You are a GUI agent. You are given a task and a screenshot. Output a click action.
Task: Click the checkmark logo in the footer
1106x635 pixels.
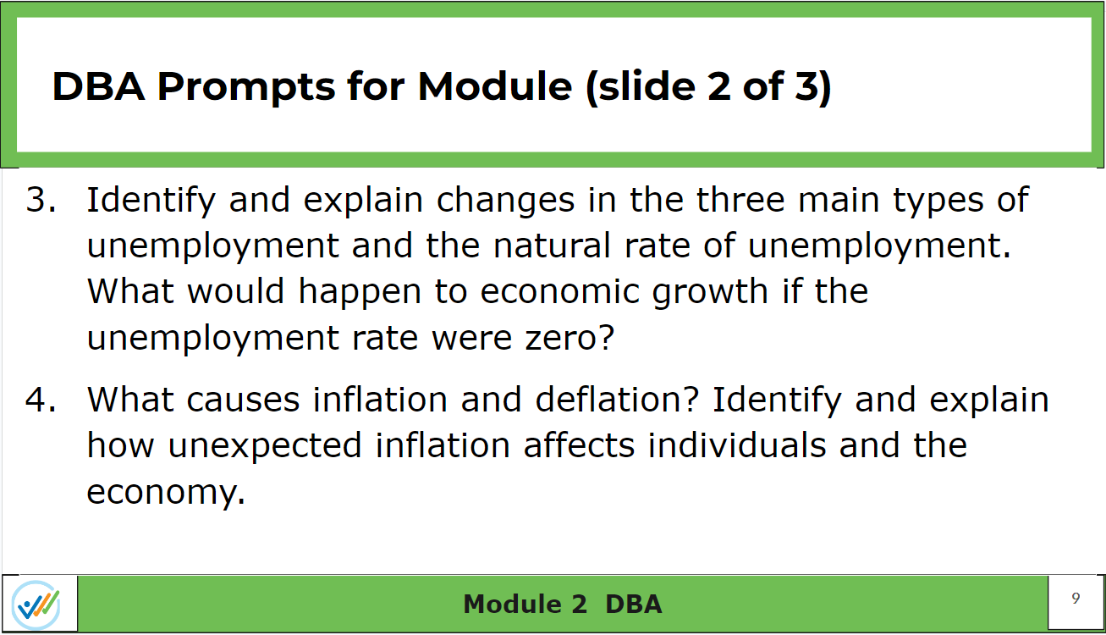(36, 605)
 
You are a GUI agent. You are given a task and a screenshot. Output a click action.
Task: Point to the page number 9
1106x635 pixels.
(1076, 599)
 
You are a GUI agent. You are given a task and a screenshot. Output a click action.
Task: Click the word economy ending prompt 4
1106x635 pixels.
(160, 492)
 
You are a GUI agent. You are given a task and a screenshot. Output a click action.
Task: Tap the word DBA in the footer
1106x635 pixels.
(633, 604)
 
